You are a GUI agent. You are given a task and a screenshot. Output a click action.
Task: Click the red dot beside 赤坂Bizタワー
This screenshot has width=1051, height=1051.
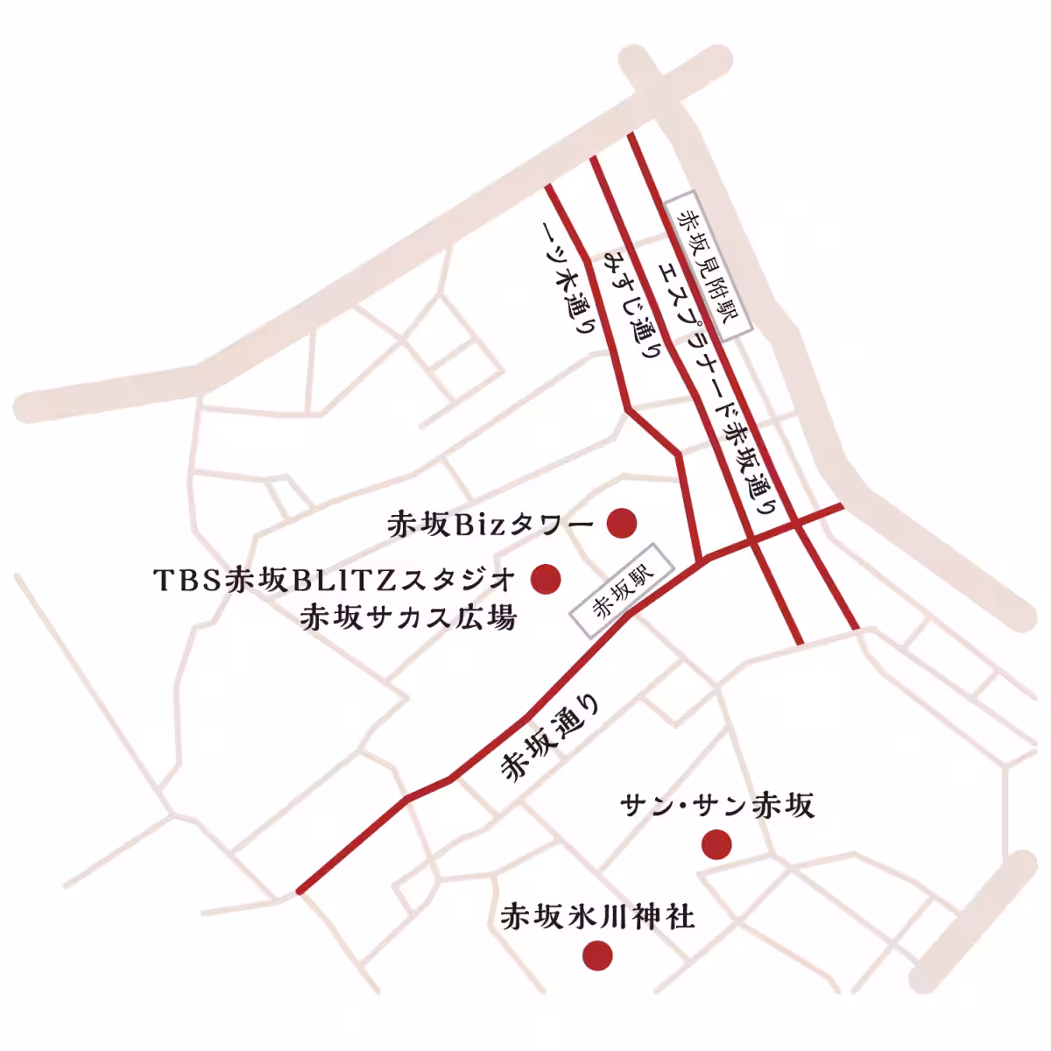pos(622,523)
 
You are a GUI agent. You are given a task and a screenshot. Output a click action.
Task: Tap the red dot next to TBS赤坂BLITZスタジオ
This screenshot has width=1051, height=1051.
pos(547,577)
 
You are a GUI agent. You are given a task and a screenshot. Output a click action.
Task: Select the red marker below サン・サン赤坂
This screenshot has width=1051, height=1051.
pos(716,844)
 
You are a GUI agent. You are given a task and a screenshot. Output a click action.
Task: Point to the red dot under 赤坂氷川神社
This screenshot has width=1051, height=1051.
pos(597,955)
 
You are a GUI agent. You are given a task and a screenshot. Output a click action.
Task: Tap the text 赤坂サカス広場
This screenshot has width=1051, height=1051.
pos(408,617)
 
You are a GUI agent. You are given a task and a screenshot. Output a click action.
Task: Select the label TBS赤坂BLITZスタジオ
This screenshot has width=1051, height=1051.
pos(334,579)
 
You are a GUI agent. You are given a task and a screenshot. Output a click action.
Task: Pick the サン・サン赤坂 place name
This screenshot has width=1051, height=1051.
pos(717,805)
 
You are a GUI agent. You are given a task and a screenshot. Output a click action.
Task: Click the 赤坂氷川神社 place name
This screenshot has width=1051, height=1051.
pos(597,916)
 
